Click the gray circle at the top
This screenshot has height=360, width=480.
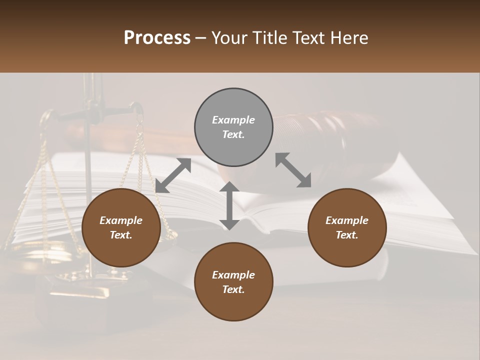(233, 127)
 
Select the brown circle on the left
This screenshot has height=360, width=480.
(121, 228)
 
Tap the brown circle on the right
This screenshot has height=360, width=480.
(347, 228)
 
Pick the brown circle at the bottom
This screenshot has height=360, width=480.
(233, 282)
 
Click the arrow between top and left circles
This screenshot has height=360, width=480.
(173, 175)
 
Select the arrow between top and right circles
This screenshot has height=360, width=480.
(293, 170)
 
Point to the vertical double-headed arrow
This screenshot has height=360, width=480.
(229, 205)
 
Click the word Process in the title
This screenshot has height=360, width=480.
(157, 37)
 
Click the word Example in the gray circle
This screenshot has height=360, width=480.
(233, 120)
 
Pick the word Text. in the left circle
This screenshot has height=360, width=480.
(121, 235)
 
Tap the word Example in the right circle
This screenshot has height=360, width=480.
(347, 220)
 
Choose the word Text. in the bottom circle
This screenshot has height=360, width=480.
(233, 289)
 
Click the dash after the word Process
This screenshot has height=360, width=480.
(200, 38)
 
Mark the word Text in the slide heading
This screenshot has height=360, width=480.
(308, 37)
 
